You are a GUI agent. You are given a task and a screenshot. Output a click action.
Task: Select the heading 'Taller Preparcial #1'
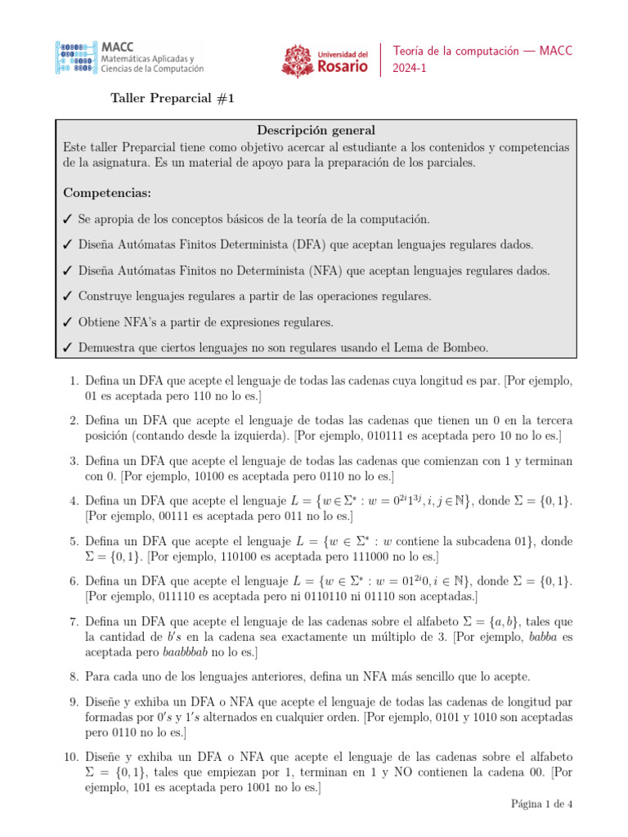coord(173,99)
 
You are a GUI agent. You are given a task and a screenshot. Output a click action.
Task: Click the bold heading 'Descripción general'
coord(316,130)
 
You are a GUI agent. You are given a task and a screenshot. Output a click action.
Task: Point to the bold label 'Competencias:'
coord(107,193)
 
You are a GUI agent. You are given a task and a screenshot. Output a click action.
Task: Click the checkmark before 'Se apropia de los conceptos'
coord(68,220)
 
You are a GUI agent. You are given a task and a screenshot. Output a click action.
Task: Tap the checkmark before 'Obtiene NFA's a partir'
coord(68,321)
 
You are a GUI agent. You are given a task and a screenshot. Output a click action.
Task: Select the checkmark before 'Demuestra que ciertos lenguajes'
coord(68,347)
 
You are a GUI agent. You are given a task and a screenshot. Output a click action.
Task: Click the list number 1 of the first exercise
coord(73,382)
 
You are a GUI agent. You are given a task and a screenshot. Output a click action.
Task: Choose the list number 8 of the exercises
coord(73,676)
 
